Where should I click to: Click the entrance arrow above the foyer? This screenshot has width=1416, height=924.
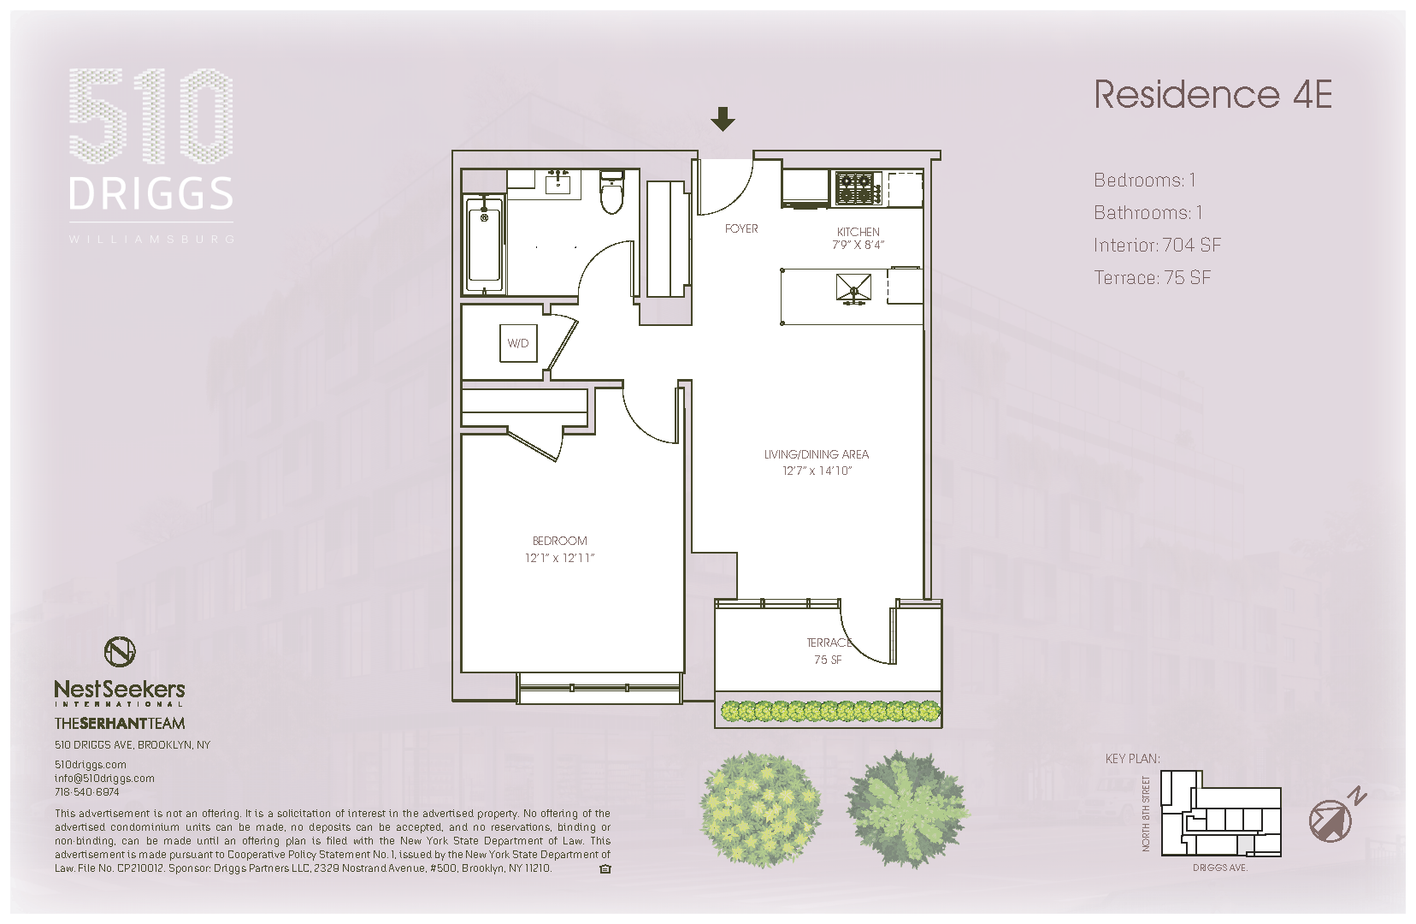click(x=723, y=119)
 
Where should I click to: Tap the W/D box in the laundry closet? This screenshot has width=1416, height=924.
click(x=518, y=343)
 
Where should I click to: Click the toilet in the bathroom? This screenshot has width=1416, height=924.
click(x=612, y=193)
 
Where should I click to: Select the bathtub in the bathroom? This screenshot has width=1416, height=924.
click(x=484, y=245)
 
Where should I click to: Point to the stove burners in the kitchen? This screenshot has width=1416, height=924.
click(x=858, y=188)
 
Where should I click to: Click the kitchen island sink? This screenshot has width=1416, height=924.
click(x=853, y=288)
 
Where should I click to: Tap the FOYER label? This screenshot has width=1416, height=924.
click(x=741, y=228)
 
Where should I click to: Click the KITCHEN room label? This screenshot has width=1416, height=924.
click(x=858, y=232)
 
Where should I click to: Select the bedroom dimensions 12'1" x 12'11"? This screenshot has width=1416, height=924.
click(x=559, y=558)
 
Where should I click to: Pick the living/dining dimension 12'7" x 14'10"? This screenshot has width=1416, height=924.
click(x=817, y=471)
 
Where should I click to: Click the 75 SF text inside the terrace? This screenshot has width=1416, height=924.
click(x=827, y=660)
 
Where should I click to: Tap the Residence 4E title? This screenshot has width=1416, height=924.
click(x=1212, y=95)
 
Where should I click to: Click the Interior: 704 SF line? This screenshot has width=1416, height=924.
click(x=1157, y=246)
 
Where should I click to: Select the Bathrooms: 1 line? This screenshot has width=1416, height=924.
click(x=1148, y=213)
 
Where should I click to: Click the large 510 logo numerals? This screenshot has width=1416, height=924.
click(x=150, y=116)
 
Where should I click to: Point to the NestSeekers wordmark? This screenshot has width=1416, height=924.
click(x=120, y=690)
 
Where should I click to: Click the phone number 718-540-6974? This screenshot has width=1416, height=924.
click(x=87, y=792)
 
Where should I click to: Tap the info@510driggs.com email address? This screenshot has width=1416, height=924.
click(x=104, y=779)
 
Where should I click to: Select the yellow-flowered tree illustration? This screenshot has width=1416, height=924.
click(x=760, y=808)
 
